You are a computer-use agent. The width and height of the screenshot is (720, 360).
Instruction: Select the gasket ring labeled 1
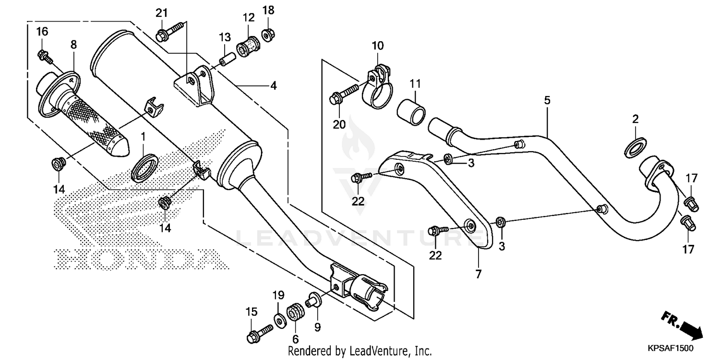(x=144, y=168)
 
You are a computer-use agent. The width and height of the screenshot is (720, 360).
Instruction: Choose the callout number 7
(x=478, y=275)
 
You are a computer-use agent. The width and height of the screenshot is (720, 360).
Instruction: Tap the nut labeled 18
(x=268, y=34)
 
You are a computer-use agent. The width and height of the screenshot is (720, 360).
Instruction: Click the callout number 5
(x=547, y=101)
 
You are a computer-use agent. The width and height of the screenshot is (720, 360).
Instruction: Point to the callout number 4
(x=273, y=86)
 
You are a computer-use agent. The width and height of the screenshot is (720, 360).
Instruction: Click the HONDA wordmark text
(x=139, y=258)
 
